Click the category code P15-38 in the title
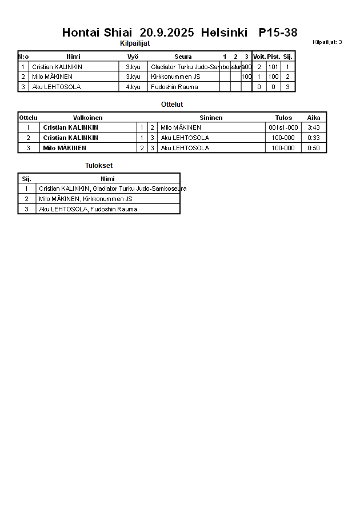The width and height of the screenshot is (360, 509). [x=278, y=33]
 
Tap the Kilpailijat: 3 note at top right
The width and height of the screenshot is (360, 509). [x=327, y=42]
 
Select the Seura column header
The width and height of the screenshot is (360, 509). [x=183, y=57]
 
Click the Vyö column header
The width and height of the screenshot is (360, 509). [x=133, y=57]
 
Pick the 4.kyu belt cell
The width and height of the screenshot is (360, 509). [x=133, y=87]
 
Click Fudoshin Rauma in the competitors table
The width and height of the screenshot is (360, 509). [x=174, y=87]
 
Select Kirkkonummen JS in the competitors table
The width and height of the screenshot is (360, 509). [x=175, y=77]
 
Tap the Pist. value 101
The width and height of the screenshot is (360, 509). [x=273, y=67]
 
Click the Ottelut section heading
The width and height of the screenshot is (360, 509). [x=172, y=105]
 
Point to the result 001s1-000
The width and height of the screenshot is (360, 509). [x=283, y=127]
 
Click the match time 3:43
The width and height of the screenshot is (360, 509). [x=314, y=127]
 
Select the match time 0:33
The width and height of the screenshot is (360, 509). [x=314, y=138]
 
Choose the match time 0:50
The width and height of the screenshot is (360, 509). [x=314, y=148]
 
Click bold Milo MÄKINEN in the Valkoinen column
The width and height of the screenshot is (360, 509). [x=65, y=148]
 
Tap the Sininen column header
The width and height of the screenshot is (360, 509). [x=211, y=118]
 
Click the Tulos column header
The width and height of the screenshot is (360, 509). [x=283, y=118]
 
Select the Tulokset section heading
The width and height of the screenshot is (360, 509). [x=99, y=166]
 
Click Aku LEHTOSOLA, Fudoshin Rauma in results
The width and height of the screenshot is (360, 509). [x=88, y=209]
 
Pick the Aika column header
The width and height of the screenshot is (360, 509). [x=314, y=118]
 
